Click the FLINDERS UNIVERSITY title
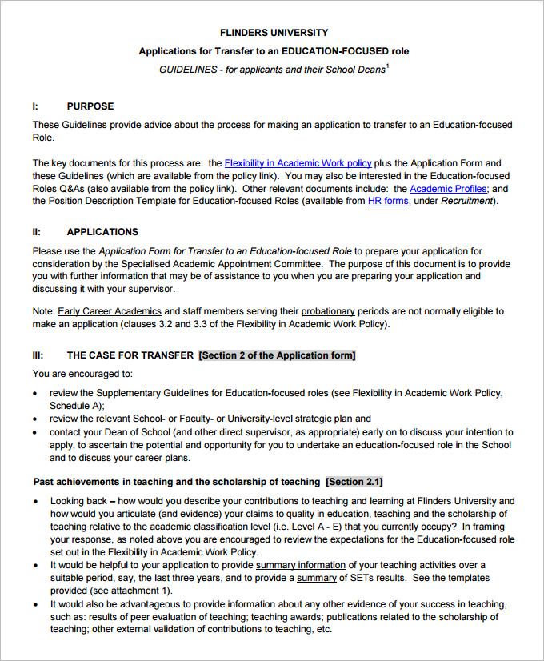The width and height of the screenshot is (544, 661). (274, 33)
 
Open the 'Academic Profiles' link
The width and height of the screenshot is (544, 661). (448, 189)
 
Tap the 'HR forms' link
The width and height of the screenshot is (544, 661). (388, 202)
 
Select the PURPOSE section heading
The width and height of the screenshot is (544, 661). (90, 106)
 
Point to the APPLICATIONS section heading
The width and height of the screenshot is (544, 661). (102, 232)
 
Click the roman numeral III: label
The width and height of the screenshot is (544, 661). (38, 355)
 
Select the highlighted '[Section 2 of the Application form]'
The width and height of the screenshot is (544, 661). (277, 355)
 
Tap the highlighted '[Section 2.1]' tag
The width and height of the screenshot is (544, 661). (354, 482)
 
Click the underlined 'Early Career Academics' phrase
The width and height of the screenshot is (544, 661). (110, 311)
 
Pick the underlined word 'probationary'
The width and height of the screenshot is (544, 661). (328, 311)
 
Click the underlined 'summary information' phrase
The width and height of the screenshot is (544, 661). (300, 565)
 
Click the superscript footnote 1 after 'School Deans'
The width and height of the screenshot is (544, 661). (387, 66)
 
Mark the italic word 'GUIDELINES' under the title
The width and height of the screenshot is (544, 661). (188, 70)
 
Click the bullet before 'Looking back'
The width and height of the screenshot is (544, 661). (36, 501)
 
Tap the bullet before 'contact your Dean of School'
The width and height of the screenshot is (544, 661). (36, 432)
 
